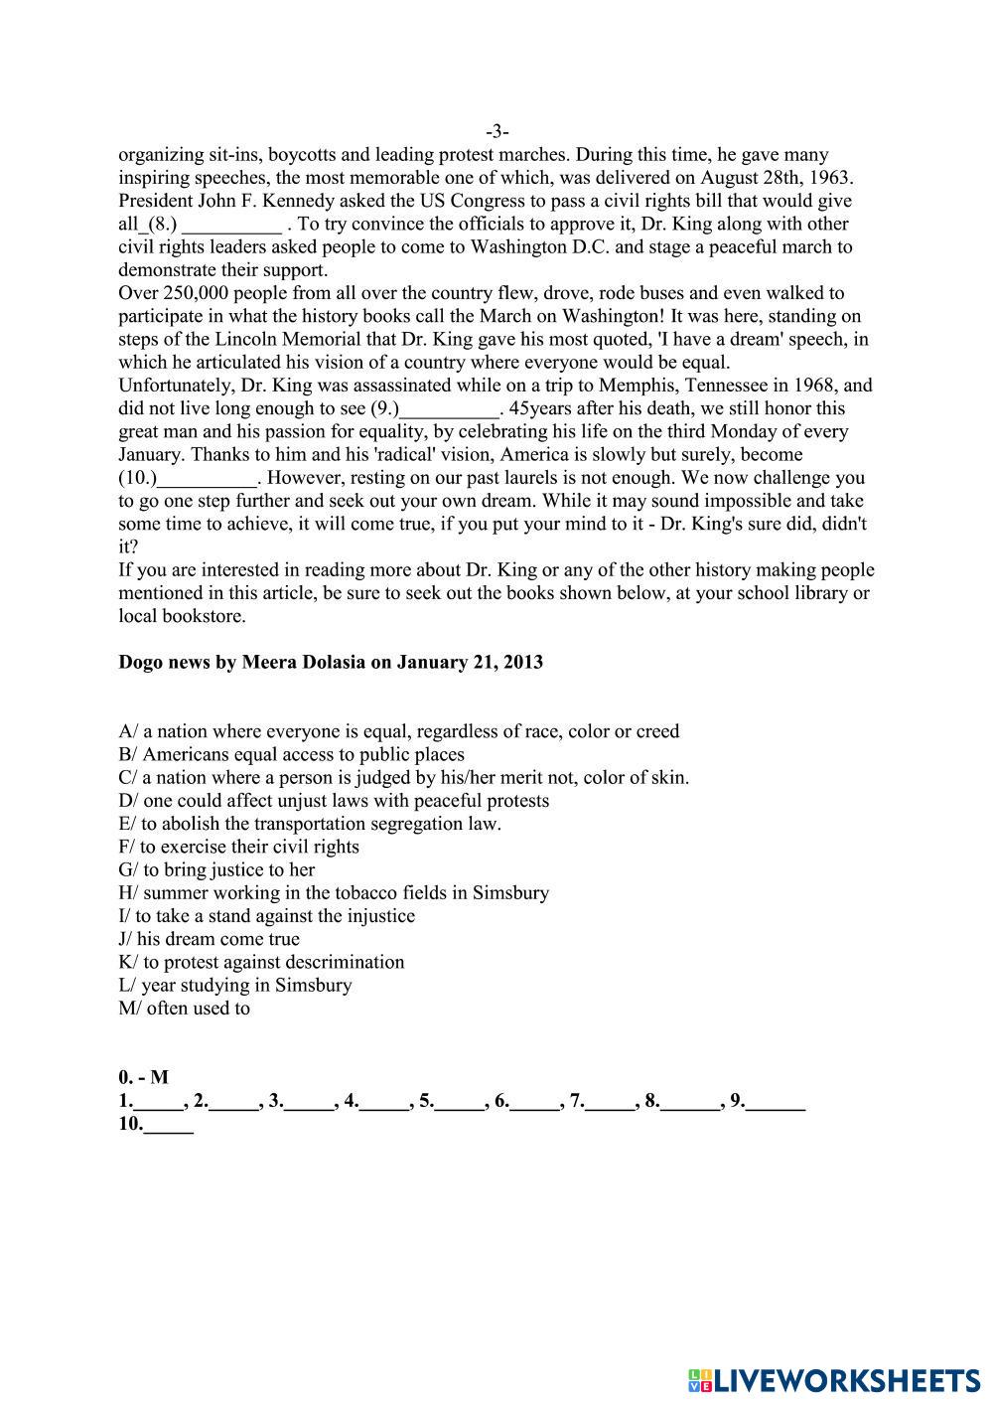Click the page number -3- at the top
click(x=497, y=131)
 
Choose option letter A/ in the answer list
click(x=128, y=731)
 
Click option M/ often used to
click(x=184, y=1008)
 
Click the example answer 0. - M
click(x=143, y=1077)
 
